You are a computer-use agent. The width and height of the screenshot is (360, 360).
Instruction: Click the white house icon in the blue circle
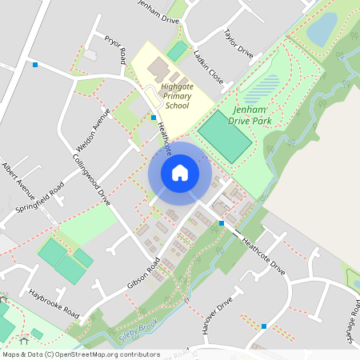click(x=180, y=172)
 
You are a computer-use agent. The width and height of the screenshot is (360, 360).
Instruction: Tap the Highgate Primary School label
click(x=177, y=95)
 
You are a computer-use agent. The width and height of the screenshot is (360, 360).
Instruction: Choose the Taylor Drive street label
click(x=238, y=44)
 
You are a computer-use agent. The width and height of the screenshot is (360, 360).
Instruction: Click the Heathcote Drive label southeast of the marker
click(x=263, y=254)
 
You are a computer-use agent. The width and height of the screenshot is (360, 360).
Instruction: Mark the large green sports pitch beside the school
click(x=225, y=136)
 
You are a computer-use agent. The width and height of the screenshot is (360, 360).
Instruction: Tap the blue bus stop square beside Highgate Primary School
click(x=154, y=118)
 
